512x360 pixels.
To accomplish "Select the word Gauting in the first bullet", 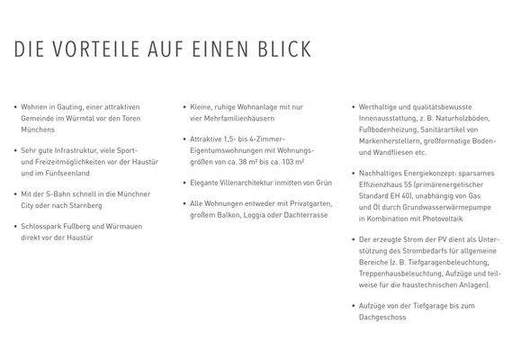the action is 68,106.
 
